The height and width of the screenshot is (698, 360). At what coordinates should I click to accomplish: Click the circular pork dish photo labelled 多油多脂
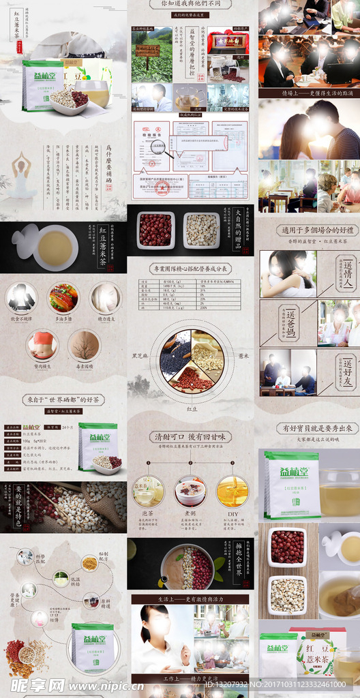[x=63, y=298]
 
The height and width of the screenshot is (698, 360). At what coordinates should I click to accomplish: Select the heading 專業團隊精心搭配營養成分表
[x=190, y=269]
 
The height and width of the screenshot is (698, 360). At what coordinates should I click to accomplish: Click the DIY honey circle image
[x=232, y=491]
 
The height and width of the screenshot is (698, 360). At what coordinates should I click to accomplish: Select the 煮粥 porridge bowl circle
[x=190, y=491]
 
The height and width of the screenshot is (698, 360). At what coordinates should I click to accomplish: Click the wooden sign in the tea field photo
[x=147, y=50]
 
